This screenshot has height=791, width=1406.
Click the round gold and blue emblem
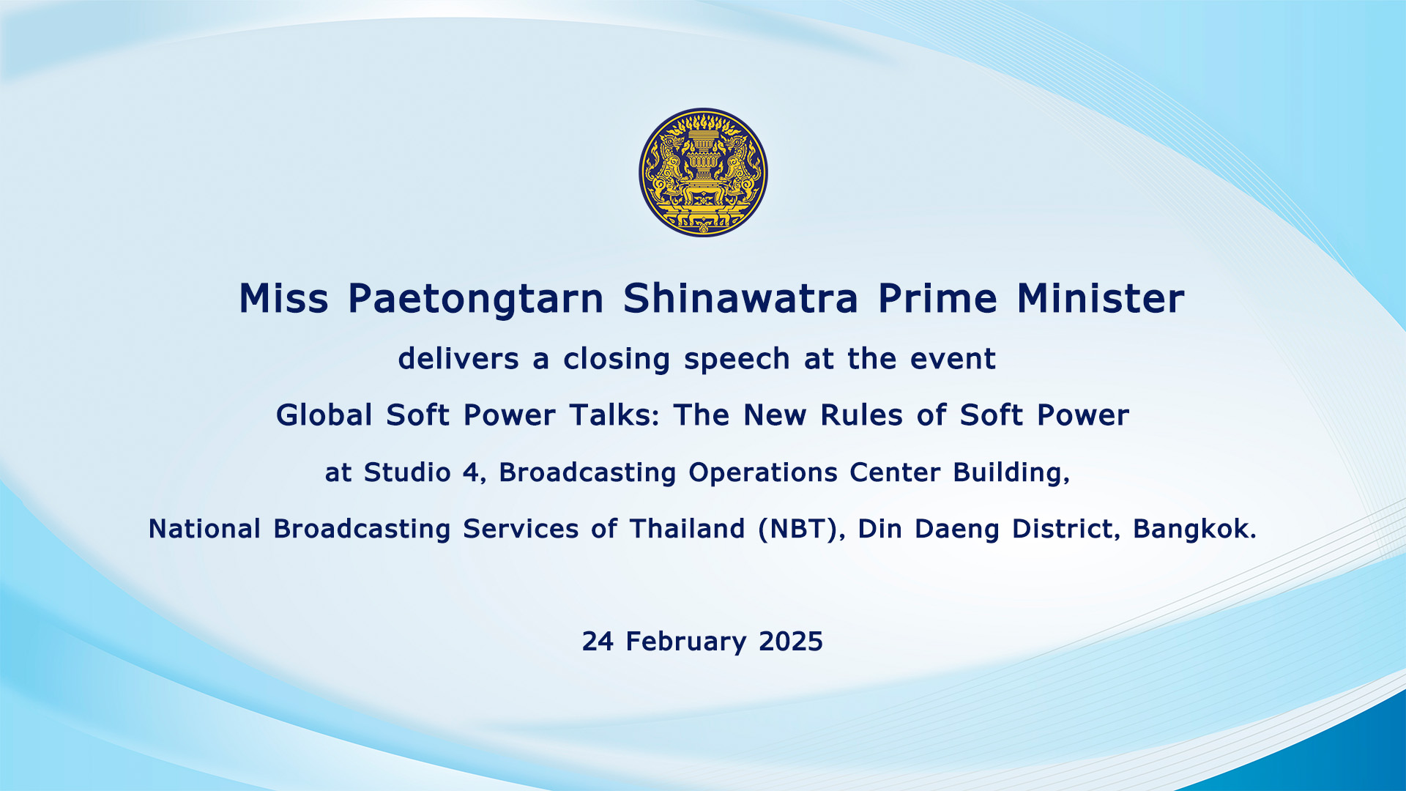[703, 172]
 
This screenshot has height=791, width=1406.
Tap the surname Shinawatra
[740, 298]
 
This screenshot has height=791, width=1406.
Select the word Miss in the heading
[283, 298]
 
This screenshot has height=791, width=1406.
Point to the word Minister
[1101, 298]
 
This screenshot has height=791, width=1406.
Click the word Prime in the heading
[937, 298]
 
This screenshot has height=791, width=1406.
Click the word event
[953, 360]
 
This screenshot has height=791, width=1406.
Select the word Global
[324, 415]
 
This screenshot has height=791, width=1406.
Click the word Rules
[861, 415]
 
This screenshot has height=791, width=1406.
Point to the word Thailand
[687, 529]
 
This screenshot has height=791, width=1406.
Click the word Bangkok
[1194, 529]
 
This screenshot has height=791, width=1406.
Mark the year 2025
[791, 642]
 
